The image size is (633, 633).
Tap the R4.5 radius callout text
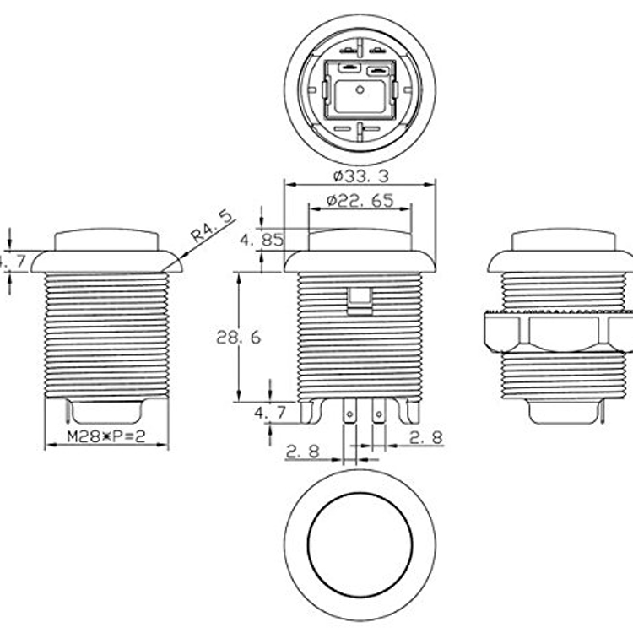[211, 228]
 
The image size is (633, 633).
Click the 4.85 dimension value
[262, 240]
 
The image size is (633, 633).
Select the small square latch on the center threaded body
[360, 298]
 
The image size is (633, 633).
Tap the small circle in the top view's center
[360, 88]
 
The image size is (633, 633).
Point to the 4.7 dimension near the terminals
[271, 413]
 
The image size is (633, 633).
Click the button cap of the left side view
[107, 239]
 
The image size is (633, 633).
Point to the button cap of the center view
[360, 239]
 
